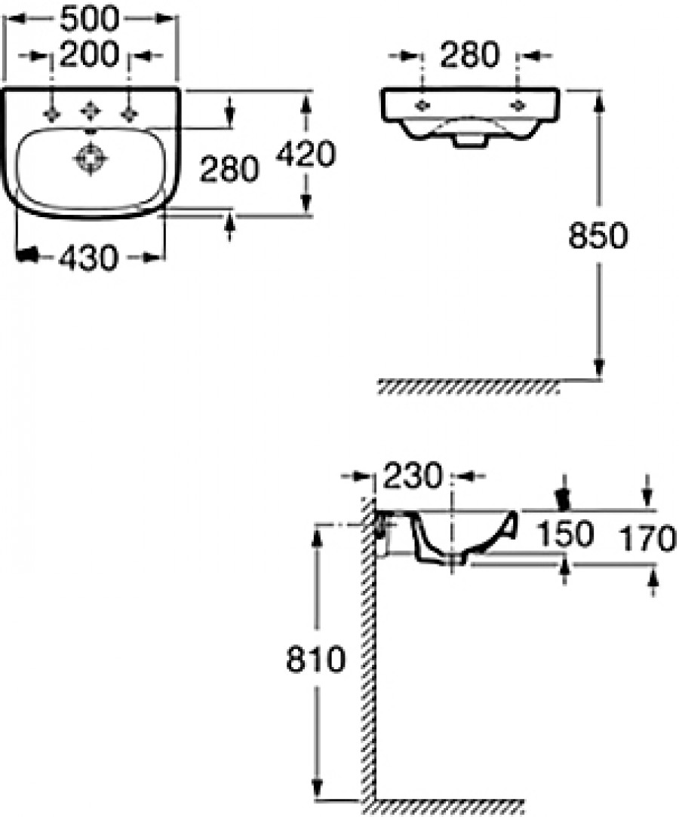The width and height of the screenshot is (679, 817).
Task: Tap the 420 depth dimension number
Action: point(306,155)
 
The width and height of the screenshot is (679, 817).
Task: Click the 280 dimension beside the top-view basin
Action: point(229,170)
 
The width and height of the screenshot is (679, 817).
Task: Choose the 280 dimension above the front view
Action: point(470,55)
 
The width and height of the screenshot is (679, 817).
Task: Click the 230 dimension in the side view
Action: point(412,476)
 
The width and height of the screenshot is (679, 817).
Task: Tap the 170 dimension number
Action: point(646,539)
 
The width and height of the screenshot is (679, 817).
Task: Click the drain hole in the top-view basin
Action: point(91,159)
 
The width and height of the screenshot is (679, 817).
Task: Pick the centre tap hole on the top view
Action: point(91,112)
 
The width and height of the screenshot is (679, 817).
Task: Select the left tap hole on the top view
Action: point(52,113)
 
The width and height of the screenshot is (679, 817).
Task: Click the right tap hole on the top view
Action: point(130,113)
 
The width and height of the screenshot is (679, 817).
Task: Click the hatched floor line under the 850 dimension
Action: point(468,387)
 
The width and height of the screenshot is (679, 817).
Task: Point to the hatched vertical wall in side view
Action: point(369,648)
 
